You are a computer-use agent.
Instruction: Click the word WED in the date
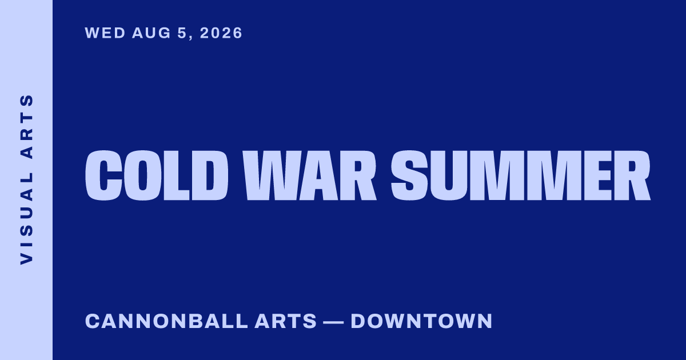[105, 33]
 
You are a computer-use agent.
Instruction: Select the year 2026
[221, 33]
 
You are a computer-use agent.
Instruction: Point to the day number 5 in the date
[182, 33]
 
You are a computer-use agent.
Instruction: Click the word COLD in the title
[157, 175]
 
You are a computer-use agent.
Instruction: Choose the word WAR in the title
[309, 175]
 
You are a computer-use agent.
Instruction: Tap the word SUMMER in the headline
[521, 175]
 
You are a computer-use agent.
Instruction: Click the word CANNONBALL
[166, 321]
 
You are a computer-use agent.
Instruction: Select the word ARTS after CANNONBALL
[285, 321]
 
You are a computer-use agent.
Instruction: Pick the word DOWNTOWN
[421, 321]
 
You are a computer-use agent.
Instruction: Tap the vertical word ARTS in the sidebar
[26, 126]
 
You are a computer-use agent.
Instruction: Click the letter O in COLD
[143, 175]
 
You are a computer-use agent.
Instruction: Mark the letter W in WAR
[270, 175]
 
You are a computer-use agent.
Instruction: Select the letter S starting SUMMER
[409, 175]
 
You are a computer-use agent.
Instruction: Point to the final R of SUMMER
[632, 175]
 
